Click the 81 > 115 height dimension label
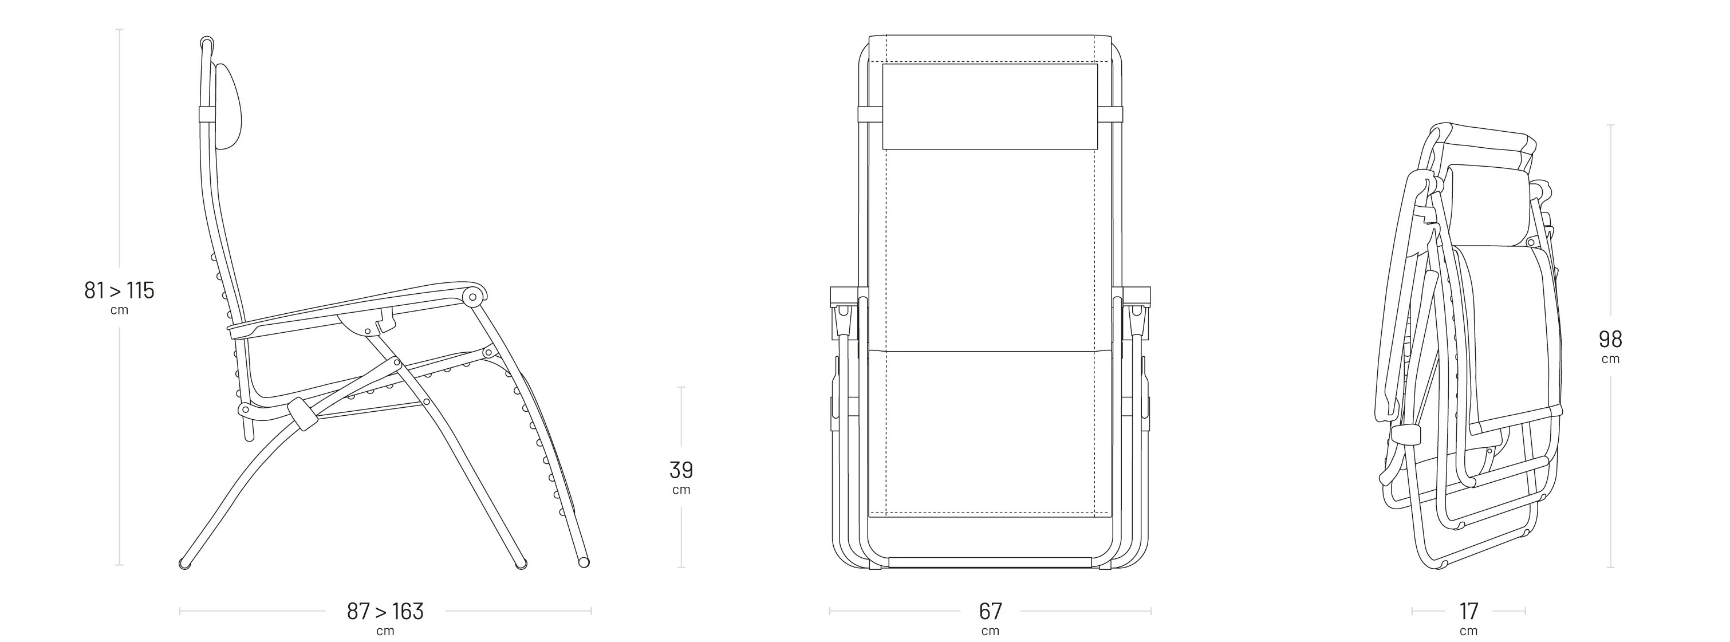[x=119, y=290]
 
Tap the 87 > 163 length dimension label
[x=385, y=611]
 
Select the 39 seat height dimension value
[x=681, y=470]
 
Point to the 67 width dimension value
[x=991, y=611]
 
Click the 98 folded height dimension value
[x=1610, y=339]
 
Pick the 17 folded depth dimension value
[x=1469, y=611]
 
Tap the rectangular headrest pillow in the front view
[x=990, y=106]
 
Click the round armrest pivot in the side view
[x=474, y=296]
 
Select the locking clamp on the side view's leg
[x=302, y=413]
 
